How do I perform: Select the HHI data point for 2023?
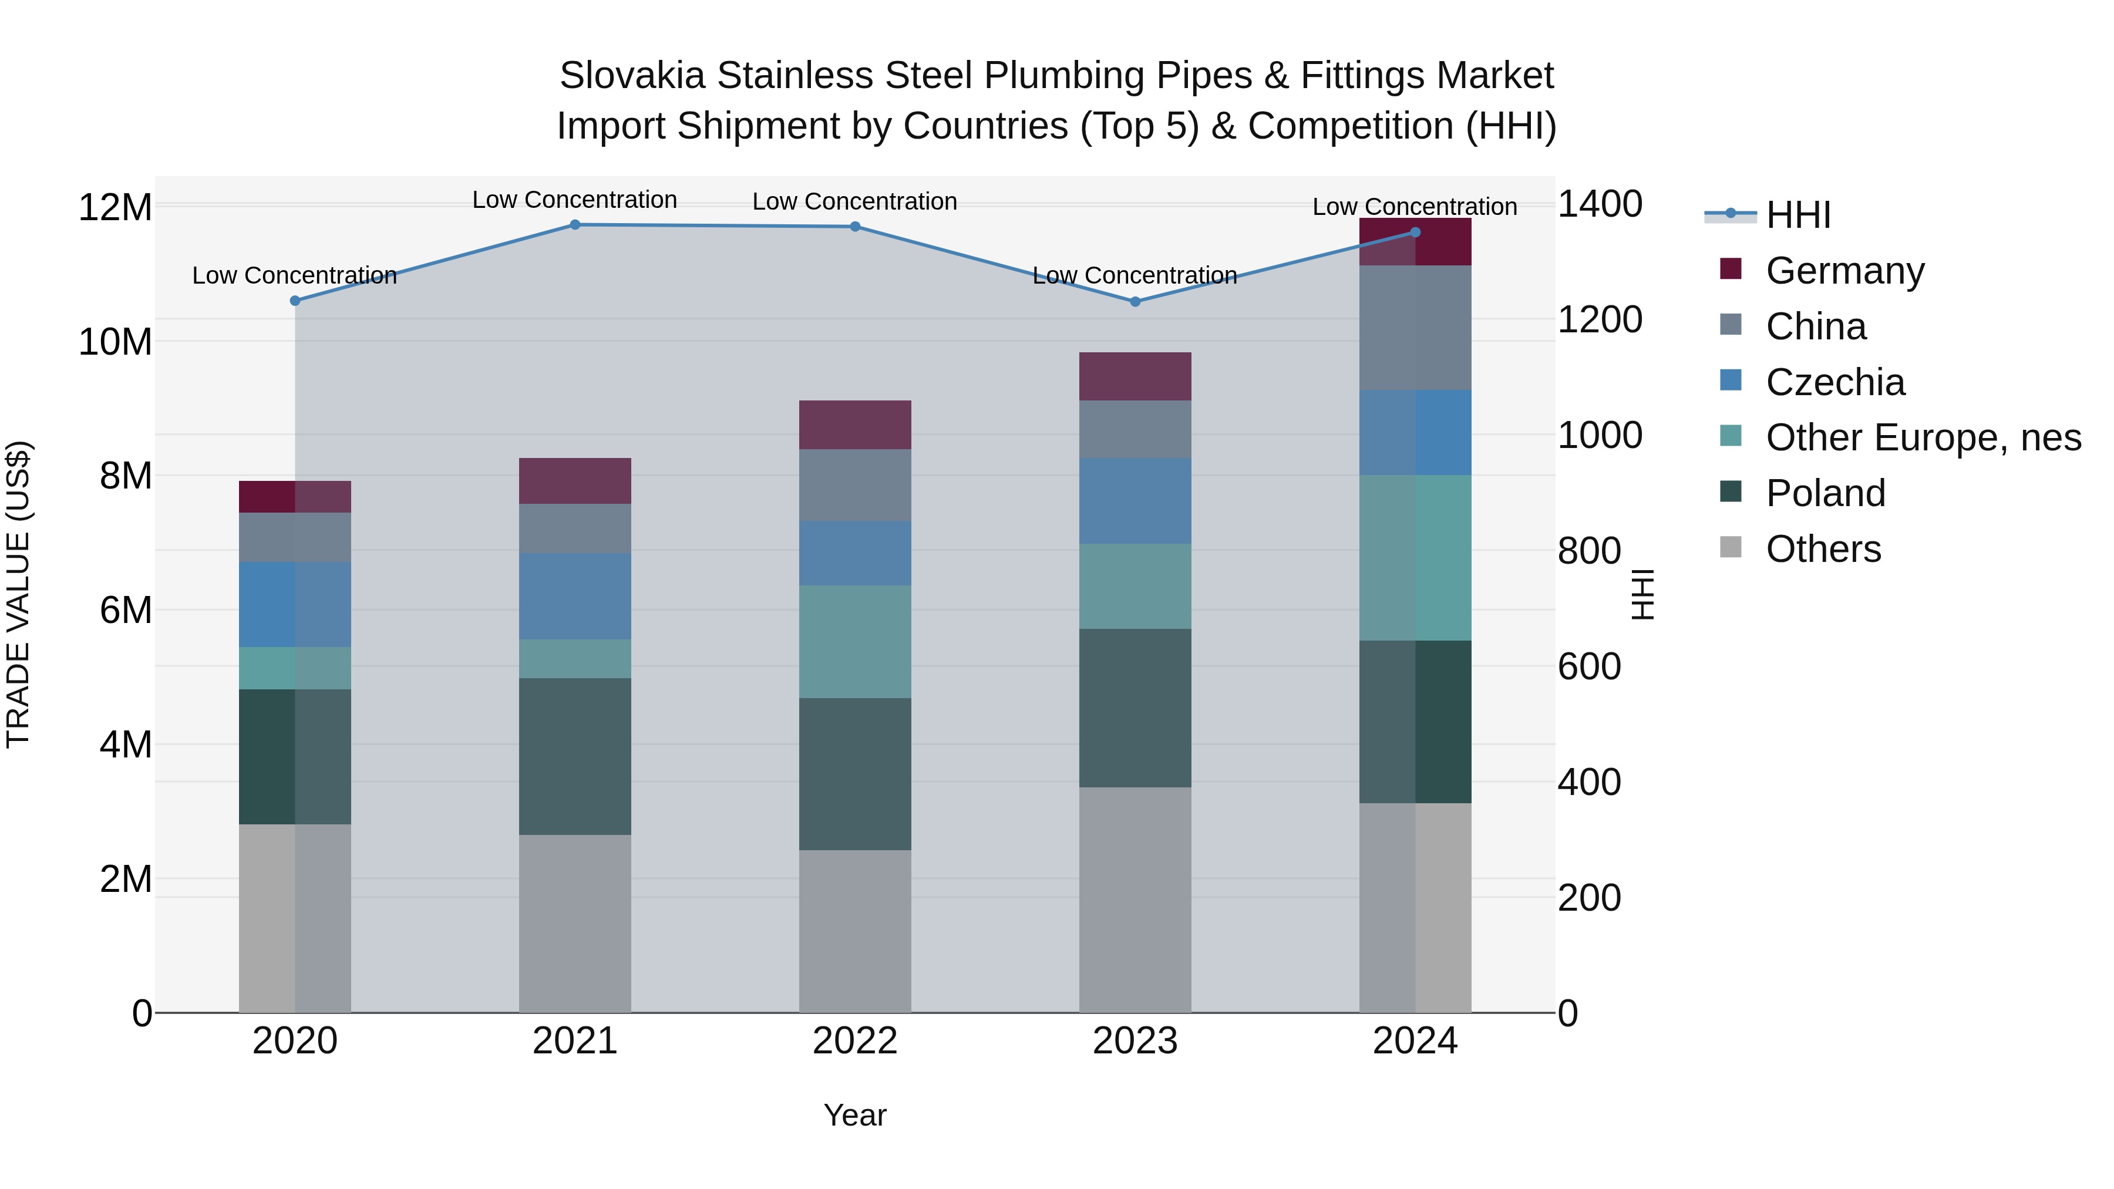point(1135,302)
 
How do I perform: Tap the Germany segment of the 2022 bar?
point(854,425)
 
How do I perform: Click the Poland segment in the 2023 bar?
point(1135,708)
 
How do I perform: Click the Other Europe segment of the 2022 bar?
point(854,642)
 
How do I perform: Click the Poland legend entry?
point(1825,493)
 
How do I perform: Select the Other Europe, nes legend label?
point(1923,437)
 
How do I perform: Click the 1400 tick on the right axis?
point(1600,204)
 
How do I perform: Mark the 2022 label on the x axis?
point(854,1041)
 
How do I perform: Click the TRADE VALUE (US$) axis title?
point(19,594)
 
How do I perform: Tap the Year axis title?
point(854,1115)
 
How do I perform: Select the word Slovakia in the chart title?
point(632,76)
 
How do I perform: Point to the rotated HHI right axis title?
point(1642,594)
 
